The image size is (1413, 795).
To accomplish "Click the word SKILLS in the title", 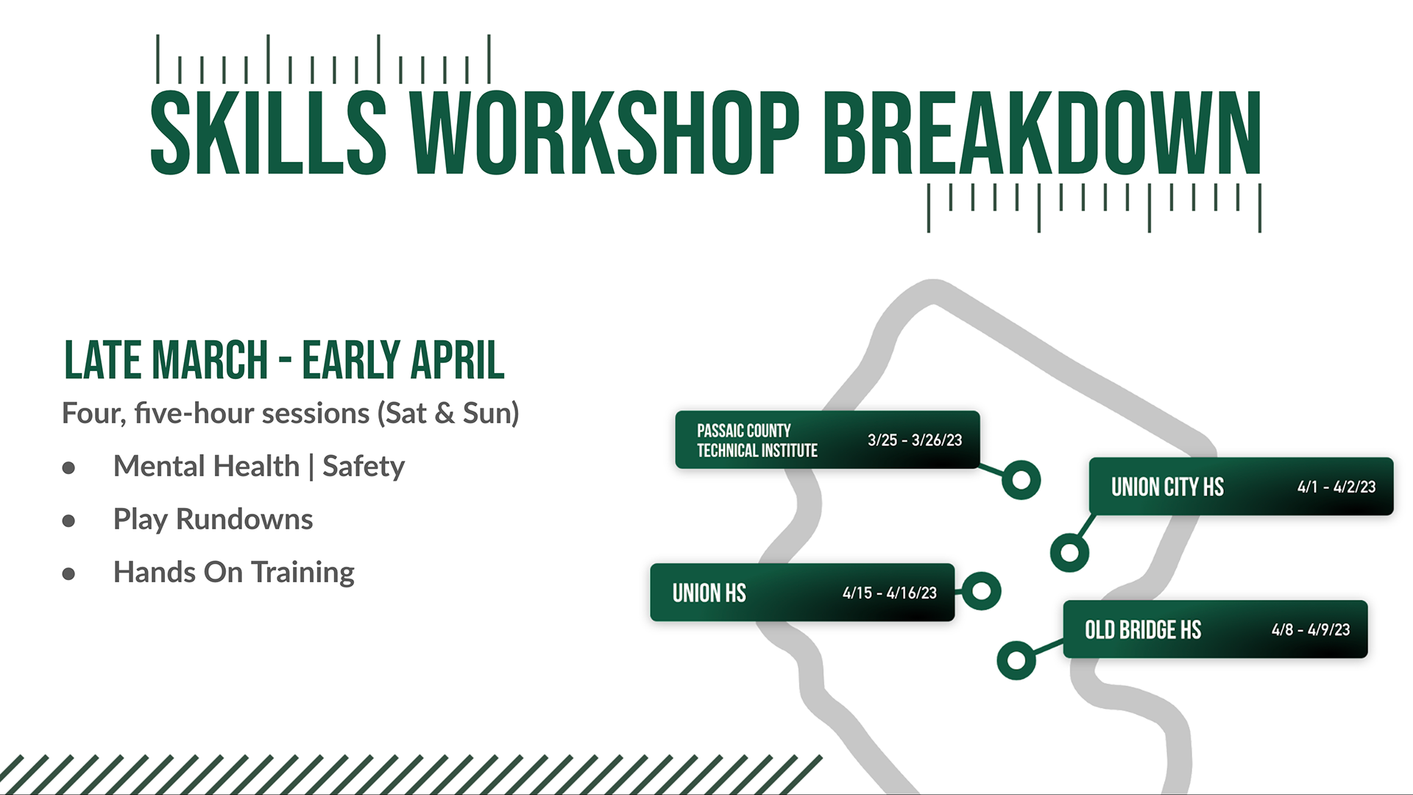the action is point(269,133).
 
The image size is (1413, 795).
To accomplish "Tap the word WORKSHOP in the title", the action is point(604,133).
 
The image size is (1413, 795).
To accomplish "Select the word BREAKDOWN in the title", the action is point(1042,133).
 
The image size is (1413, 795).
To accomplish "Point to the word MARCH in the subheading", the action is point(210,360).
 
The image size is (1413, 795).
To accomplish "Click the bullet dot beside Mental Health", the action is point(69,467).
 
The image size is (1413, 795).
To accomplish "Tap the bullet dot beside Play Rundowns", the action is point(69,520).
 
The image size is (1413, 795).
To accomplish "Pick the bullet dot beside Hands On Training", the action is point(69,573).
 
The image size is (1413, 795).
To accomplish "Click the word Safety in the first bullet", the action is point(364,467).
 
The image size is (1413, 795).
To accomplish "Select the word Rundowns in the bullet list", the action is point(244,519).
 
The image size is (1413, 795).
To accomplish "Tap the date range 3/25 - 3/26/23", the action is point(915,440).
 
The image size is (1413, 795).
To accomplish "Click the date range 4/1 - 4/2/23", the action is point(1336,487).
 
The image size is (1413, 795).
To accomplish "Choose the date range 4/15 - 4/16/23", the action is point(890,593).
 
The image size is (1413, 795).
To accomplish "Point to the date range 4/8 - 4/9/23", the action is point(1311,629).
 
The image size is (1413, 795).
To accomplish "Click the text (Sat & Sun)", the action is point(448,414).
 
